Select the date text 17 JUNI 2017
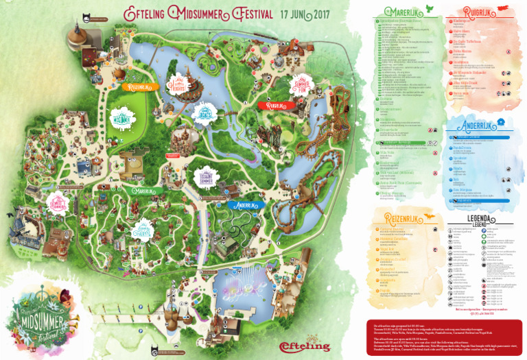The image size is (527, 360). click(305, 14)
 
